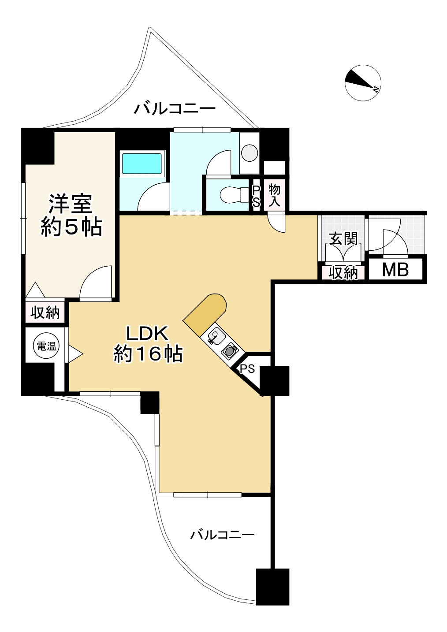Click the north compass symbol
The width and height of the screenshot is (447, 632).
(362, 83)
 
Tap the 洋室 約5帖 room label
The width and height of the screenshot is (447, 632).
(71, 216)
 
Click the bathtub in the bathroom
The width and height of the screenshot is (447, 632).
(142, 164)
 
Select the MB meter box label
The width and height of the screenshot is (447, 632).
(395, 270)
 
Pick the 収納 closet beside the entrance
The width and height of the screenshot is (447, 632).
(343, 273)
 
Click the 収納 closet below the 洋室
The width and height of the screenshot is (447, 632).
(45, 313)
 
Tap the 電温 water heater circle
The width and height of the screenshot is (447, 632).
(46, 346)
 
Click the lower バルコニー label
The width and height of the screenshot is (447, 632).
(222, 535)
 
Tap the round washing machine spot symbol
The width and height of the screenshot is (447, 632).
(250, 153)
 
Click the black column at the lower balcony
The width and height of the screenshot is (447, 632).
(272, 586)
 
